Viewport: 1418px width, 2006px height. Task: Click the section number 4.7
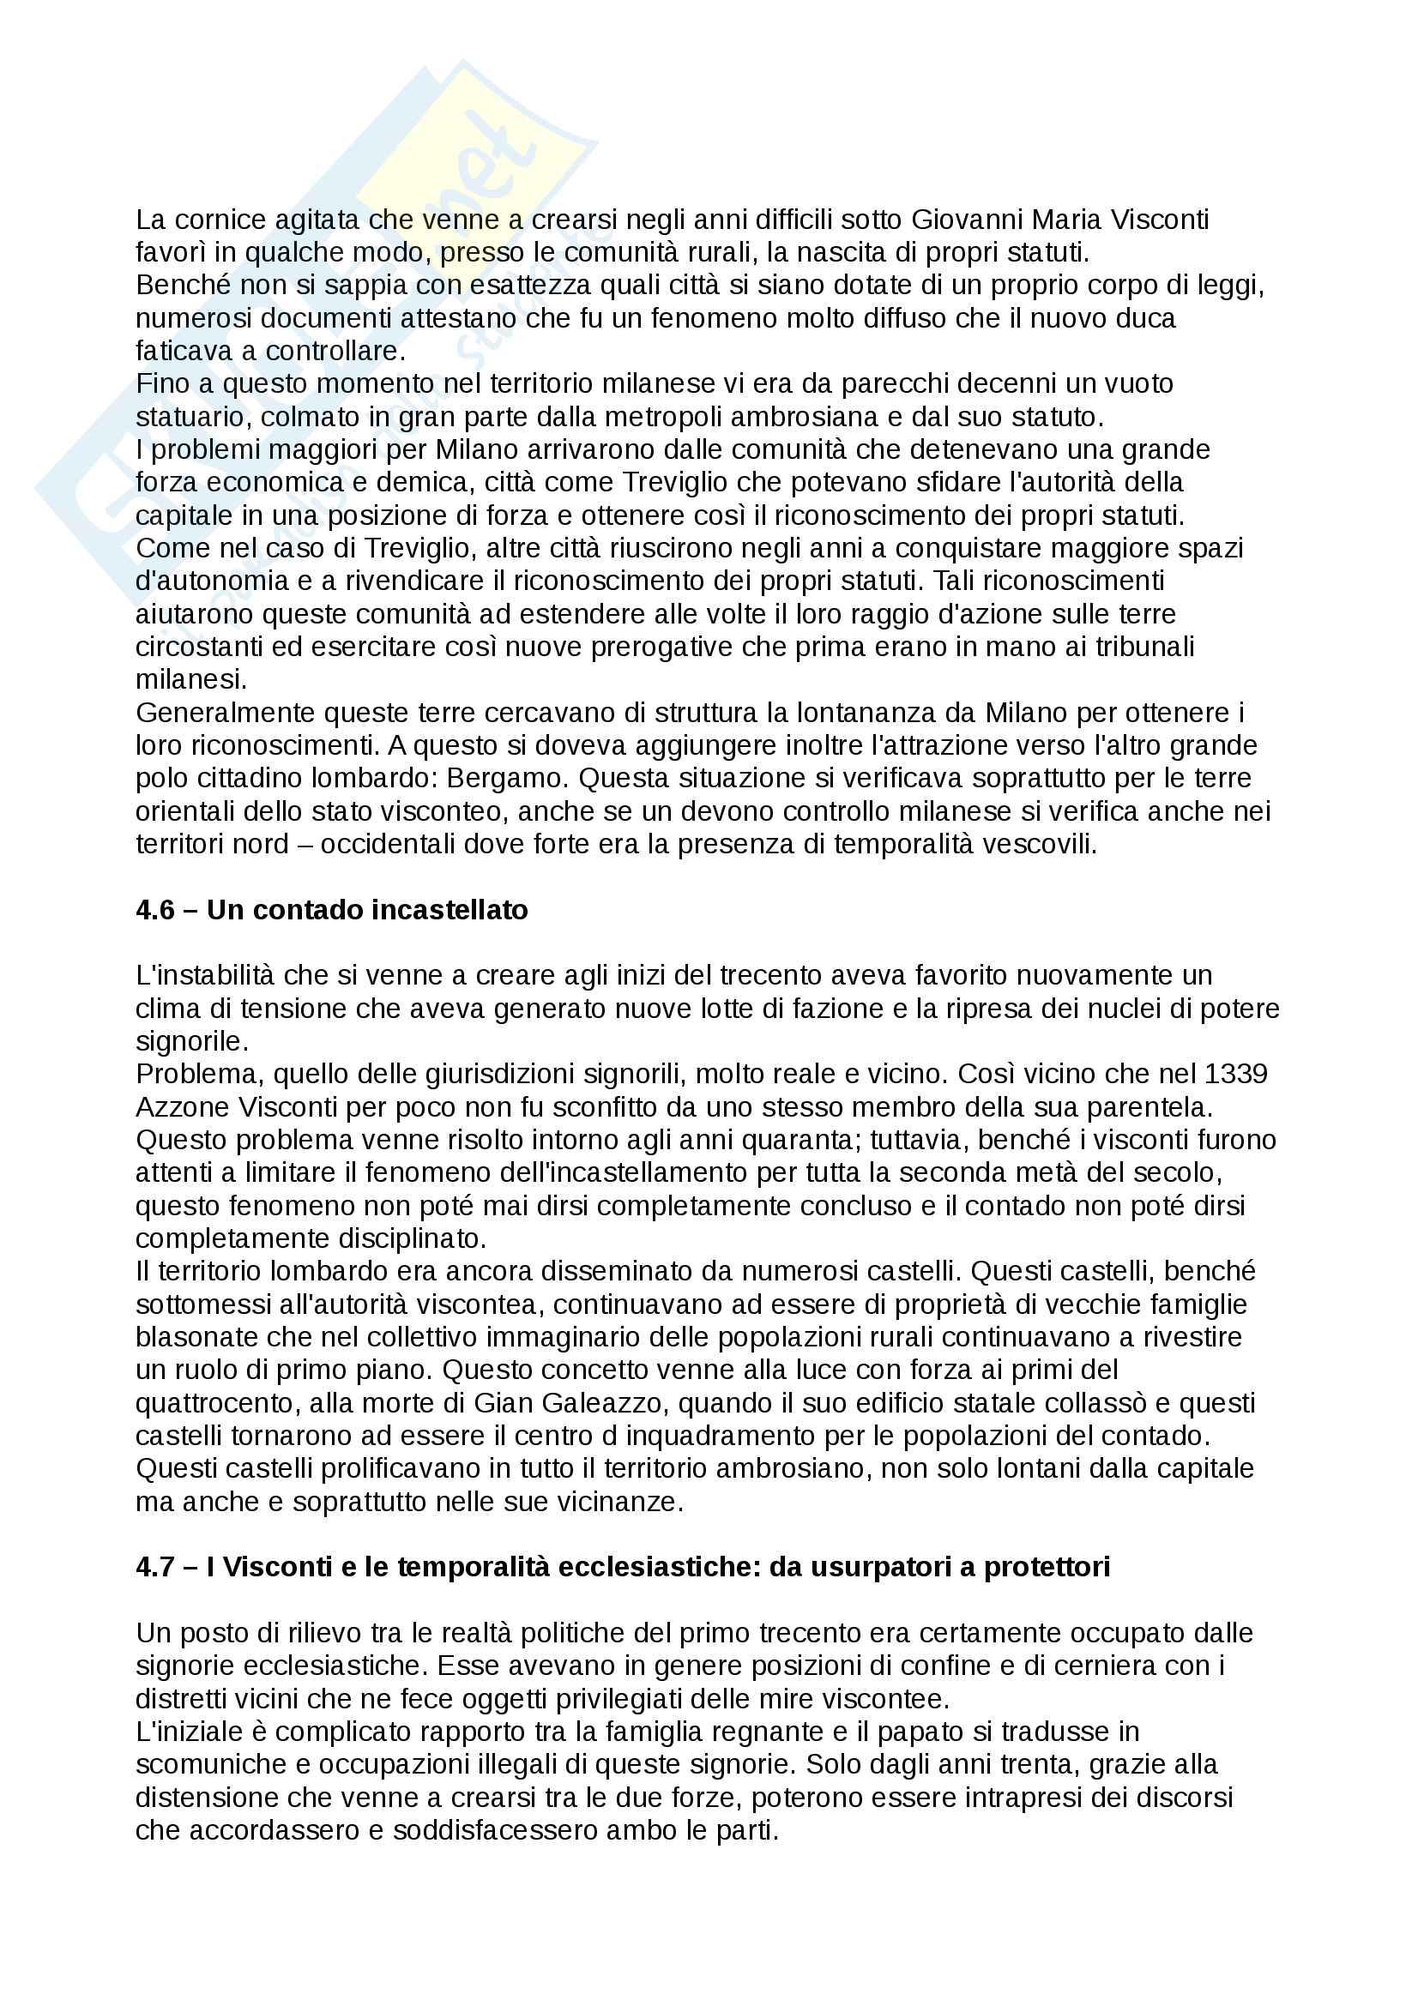[x=154, y=1567]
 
